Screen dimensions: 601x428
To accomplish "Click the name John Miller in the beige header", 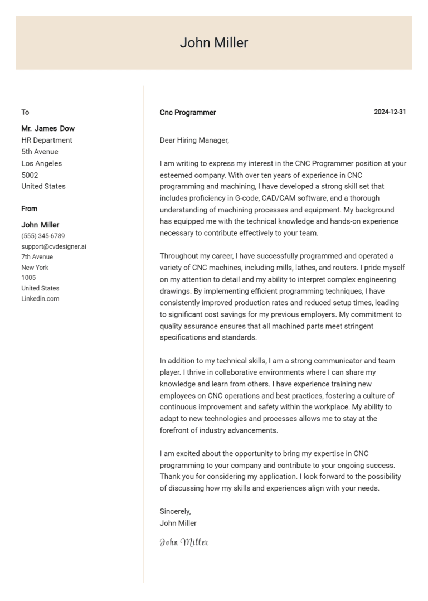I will (x=213, y=43).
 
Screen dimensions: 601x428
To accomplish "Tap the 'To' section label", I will (x=25, y=112).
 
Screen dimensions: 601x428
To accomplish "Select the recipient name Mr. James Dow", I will (x=48, y=128).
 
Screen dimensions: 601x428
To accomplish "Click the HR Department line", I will (x=47, y=140).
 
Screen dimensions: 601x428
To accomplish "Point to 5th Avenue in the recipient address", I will (x=40, y=152).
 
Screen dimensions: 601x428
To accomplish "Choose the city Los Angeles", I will (x=42, y=163).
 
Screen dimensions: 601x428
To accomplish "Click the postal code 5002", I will (x=30, y=175).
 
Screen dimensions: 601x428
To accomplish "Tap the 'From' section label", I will (x=29, y=209).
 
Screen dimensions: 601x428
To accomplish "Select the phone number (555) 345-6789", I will (x=43, y=236).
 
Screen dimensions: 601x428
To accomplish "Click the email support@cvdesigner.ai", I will (x=53, y=246).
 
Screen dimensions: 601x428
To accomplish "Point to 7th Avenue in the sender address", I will (x=37, y=257).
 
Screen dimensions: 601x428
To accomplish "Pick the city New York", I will (x=35, y=268).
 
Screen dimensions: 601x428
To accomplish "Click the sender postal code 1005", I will (x=28, y=278).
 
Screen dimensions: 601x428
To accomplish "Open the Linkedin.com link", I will (x=40, y=299).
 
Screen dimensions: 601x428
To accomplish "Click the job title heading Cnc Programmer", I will (x=188, y=113).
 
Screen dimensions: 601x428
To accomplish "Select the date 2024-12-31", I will (x=390, y=112).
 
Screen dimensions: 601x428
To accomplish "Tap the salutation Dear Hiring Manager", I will (x=194, y=140).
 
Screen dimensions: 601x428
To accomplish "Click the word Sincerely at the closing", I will (x=175, y=511).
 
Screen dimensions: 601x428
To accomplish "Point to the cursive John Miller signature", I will (x=184, y=542).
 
